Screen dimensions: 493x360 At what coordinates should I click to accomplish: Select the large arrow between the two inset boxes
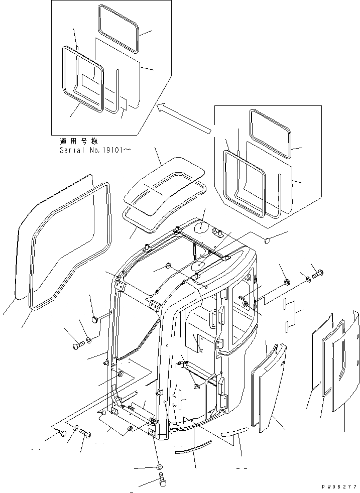click(183, 118)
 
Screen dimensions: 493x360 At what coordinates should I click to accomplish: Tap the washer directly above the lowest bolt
click(160, 466)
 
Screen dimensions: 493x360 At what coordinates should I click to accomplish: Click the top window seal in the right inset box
click(270, 134)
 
